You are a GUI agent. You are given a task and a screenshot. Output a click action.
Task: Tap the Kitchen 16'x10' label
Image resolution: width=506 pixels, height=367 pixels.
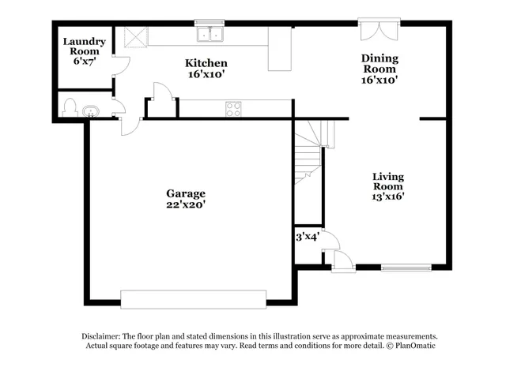pos(206,69)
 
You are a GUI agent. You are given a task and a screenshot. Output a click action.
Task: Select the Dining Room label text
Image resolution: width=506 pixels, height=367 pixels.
pos(379,69)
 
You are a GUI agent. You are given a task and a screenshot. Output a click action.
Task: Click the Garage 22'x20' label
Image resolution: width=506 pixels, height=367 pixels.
pos(185,198)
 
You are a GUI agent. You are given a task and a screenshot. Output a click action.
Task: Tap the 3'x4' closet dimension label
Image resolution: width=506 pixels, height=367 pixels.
pos(307,236)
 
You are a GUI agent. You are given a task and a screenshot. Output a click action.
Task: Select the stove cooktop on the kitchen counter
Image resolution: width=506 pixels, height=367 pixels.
pos(234,109)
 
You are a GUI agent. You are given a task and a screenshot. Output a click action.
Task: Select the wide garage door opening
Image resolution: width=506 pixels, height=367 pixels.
pos(194,298)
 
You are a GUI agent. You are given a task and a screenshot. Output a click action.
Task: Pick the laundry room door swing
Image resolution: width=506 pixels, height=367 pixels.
pos(121,66)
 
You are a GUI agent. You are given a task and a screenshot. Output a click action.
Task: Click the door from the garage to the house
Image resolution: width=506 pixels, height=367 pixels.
pos(130,125)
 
